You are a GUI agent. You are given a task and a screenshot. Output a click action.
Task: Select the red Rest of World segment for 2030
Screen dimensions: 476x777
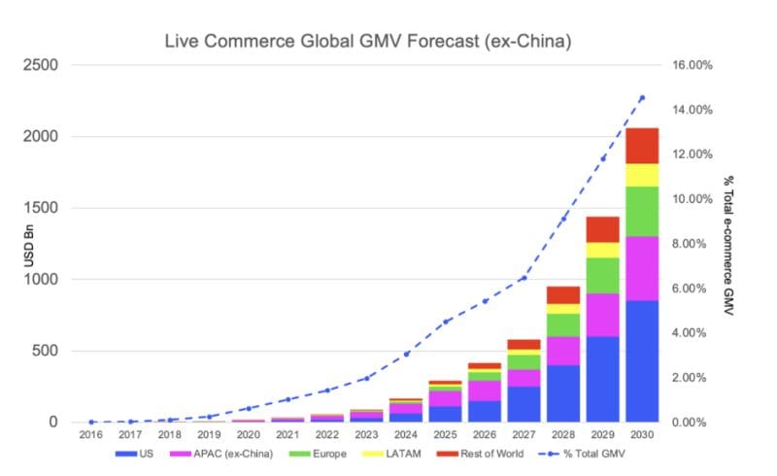(642, 146)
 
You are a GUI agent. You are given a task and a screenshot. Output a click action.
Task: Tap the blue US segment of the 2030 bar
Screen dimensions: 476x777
(642, 361)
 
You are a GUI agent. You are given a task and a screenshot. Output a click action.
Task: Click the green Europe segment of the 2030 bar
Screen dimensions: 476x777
(642, 211)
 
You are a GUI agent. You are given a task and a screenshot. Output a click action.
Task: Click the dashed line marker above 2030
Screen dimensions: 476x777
(642, 97)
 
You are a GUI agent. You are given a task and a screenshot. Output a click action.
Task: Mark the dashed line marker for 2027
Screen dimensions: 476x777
(524, 278)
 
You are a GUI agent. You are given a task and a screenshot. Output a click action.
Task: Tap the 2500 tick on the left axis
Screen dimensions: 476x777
(41, 66)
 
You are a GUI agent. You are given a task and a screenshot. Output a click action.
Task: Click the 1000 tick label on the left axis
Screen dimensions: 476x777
(41, 280)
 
